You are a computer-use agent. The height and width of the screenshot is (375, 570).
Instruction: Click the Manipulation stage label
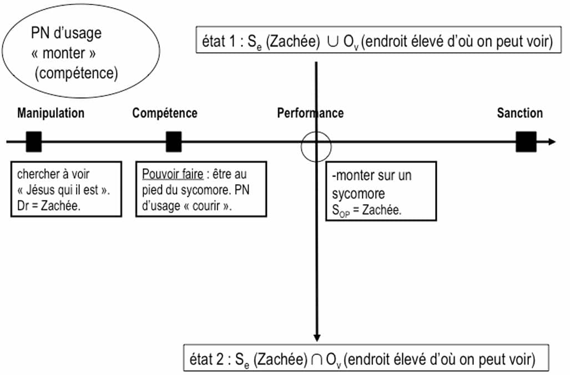pos(51,113)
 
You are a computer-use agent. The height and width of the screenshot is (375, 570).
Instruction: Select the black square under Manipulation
pos(34,142)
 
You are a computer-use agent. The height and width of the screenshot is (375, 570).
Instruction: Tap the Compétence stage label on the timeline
pos(164,113)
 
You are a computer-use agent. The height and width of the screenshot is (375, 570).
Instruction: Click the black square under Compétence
pos(174,142)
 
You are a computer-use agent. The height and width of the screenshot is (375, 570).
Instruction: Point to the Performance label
pos(310,113)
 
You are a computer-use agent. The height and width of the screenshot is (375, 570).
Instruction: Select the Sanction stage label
pos(519,113)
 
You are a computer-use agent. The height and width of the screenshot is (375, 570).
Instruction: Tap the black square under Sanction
pos(526,142)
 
